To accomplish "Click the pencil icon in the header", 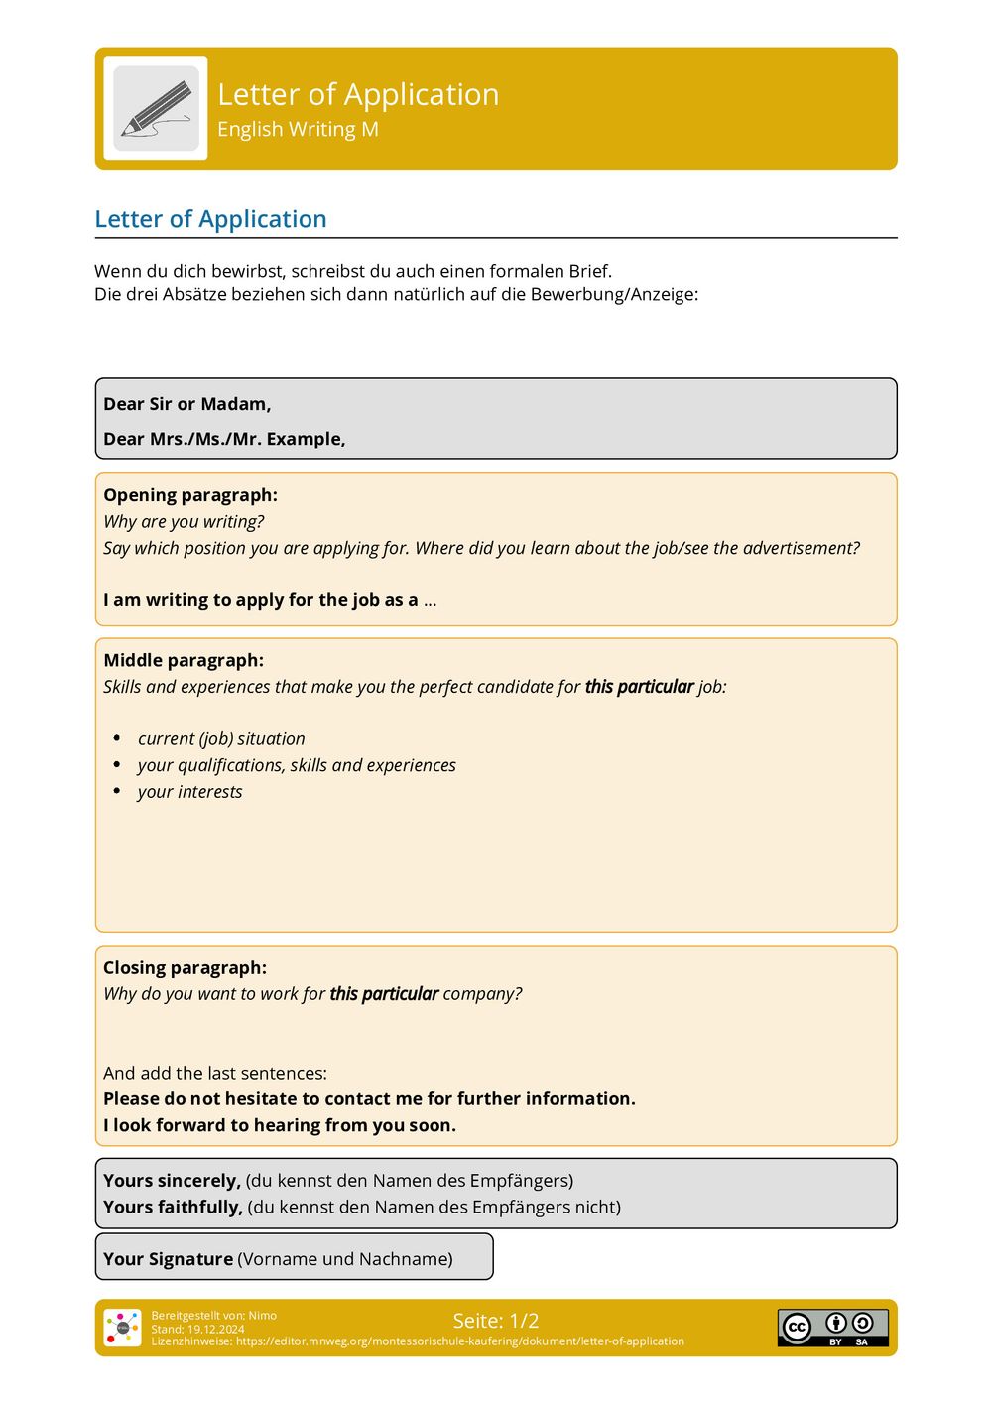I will (x=157, y=108).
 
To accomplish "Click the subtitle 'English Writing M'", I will (x=298, y=130).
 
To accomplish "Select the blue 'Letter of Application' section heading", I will (x=210, y=219).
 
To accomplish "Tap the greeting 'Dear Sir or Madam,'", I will (x=186, y=404).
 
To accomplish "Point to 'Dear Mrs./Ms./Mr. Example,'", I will (x=224, y=439).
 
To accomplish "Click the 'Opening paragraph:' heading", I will (x=190, y=495).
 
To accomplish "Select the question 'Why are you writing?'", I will (x=184, y=522).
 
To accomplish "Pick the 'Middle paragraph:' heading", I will (x=184, y=660).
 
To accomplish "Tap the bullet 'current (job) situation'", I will (x=221, y=739).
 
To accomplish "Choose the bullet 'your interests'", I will (x=189, y=792).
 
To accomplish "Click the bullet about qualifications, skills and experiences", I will (x=297, y=765).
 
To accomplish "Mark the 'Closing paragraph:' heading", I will (x=185, y=968).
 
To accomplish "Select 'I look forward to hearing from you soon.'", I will (x=280, y=1125).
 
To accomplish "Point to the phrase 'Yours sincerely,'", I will (x=172, y=1181).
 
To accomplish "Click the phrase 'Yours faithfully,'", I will (x=173, y=1208).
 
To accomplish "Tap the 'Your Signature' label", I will (x=168, y=1259).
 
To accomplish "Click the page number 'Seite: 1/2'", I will (x=496, y=1321).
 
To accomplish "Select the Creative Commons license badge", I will (x=832, y=1328).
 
